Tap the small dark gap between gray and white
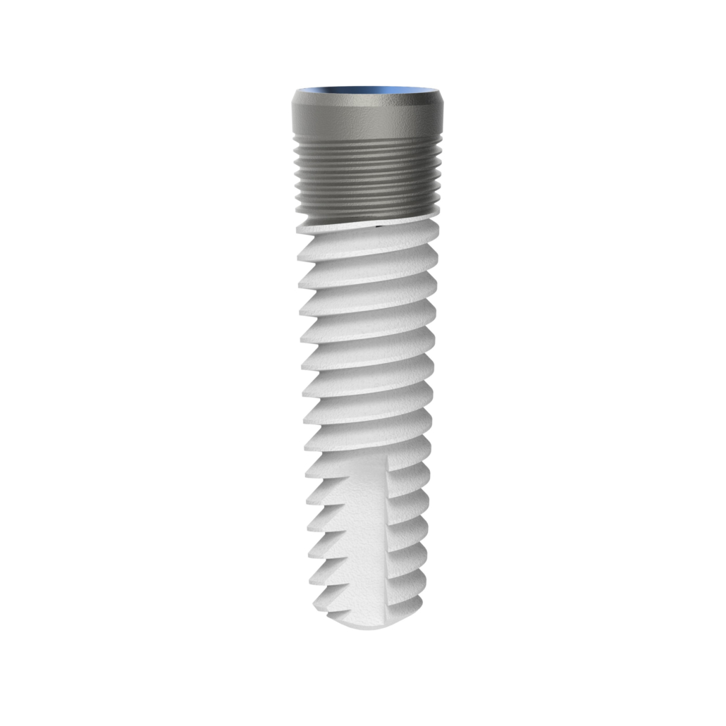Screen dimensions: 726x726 click(379, 226)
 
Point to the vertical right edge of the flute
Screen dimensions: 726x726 click(388, 529)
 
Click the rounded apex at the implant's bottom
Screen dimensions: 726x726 click(367, 620)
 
